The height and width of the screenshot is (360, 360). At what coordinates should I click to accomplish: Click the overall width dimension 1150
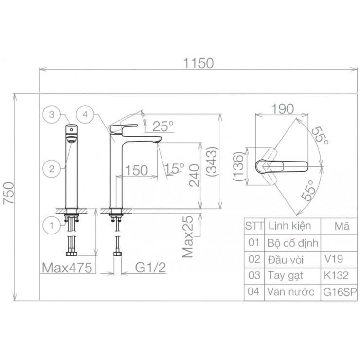pyautogui.click(x=198, y=63)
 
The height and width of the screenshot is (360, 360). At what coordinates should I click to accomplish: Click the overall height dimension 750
pyautogui.click(x=9, y=193)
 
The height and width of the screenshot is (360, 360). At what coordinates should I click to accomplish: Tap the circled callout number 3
pyautogui.click(x=52, y=114)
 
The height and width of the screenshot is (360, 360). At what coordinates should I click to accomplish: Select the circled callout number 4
pyautogui.click(x=85, y=114)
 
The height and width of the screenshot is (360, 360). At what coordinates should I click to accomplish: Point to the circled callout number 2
pyautogui.click(x=52, y=169)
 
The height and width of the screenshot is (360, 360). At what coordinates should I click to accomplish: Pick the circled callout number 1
pyautogui.click(x=52, y=225)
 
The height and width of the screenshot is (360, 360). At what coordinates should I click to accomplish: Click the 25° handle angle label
pyautogui.click(x=163, y=126)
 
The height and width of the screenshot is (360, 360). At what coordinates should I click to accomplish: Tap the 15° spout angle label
pyautogui.click(x=175, y=169)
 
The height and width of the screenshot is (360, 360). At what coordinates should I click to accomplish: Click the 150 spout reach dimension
pyautogui.click(x=137, y=170)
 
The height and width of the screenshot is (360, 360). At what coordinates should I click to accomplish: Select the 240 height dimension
pyautogui.click(x=195, y=176)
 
